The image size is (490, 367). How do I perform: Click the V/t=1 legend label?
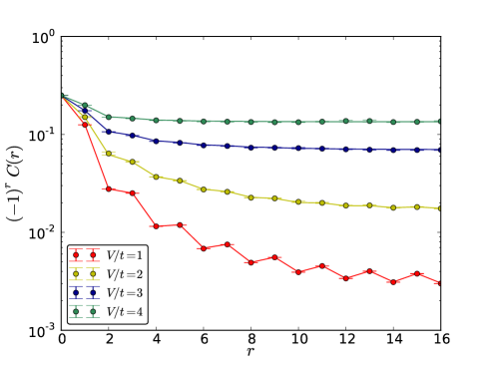point(125,255)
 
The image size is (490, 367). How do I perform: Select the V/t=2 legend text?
point(125,274)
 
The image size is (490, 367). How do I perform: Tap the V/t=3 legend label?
point(125,293)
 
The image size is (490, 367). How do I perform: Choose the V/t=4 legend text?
point(125,312)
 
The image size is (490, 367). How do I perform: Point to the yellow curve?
point(249,197)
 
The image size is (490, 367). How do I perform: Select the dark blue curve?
point(249,147)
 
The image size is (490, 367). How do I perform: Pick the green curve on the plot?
point(249,122)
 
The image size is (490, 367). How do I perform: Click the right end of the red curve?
point(439,282)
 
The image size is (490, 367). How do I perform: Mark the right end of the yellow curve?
point(439,208)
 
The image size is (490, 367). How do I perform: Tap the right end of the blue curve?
point(439,150)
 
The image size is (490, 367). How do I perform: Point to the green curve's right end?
point(439,121)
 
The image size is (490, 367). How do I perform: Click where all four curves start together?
point(63,96)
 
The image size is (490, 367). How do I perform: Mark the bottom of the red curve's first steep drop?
point(104,188)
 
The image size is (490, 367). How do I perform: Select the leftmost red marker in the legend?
point(76,255)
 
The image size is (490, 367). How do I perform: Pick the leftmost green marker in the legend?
point(76,312)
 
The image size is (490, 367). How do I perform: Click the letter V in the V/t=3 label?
point(110,293)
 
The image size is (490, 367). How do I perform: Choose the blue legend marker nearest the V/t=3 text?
point(93,293)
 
